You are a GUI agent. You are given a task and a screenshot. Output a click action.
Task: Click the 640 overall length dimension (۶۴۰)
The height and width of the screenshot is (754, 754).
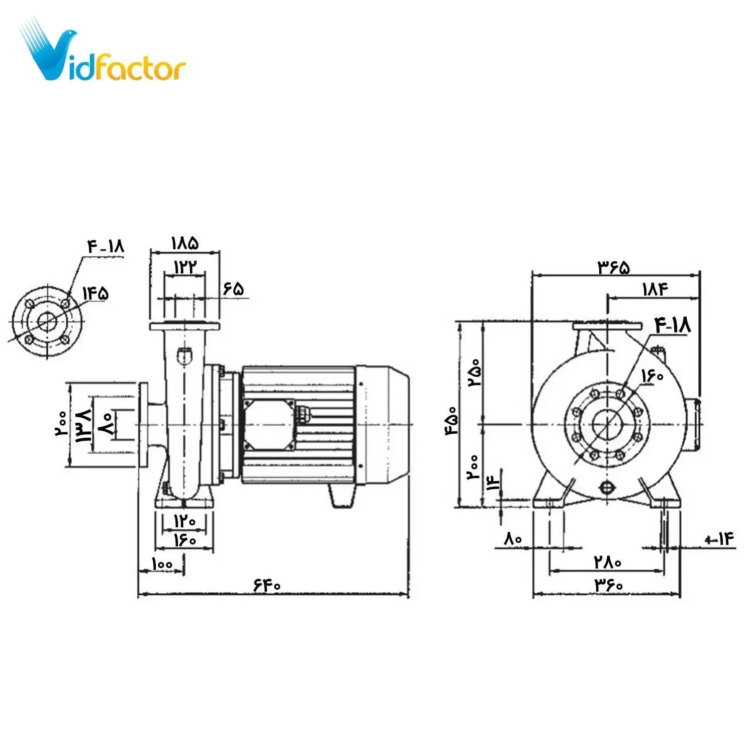267,585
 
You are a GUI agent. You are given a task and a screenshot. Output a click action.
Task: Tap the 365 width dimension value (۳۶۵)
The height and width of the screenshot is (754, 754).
613,267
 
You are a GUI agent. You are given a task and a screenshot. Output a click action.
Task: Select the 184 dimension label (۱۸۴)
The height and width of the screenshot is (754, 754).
655,290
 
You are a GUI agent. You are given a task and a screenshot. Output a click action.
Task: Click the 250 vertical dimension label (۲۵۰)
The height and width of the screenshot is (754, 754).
475,372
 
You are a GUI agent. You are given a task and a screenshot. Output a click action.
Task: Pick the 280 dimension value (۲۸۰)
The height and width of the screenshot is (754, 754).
608,561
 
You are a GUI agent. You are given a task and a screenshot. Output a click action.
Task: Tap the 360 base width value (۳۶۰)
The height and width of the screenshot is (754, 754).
609,585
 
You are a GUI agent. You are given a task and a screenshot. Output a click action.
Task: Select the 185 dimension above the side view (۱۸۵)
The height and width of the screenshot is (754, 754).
185,243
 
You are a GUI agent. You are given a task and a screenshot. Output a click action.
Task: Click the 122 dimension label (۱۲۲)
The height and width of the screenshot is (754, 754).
185,267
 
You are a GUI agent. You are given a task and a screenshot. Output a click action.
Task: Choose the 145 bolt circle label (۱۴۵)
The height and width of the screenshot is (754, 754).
96,293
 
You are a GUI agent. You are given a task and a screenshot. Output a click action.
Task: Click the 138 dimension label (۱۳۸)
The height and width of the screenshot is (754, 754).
83,425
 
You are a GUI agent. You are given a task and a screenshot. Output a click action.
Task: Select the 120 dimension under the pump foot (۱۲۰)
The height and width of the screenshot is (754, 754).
184,521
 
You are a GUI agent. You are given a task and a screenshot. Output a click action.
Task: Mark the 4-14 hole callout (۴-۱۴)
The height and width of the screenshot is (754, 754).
720,540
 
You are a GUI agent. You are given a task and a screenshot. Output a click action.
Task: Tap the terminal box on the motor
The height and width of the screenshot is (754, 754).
268,425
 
